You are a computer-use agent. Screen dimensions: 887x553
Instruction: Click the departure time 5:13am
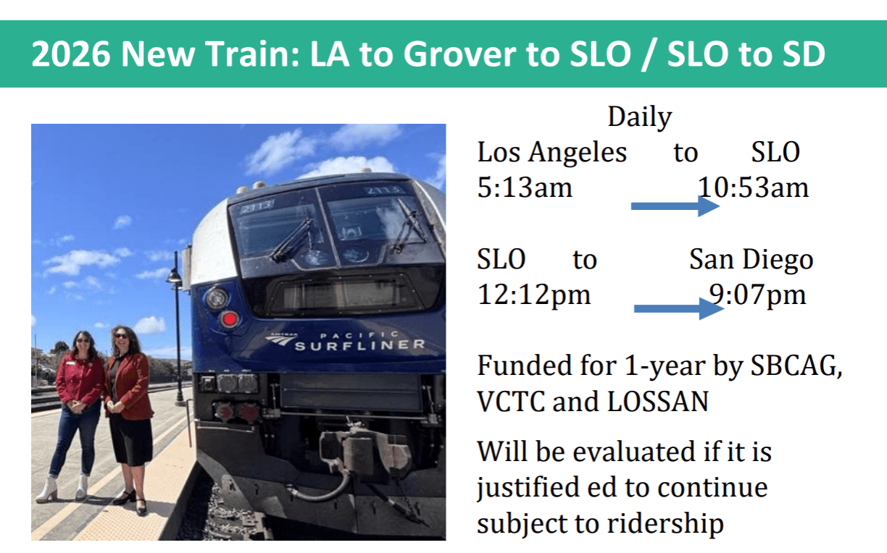525,187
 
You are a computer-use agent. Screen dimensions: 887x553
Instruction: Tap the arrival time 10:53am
753,187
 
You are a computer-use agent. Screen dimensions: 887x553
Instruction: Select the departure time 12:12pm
534,295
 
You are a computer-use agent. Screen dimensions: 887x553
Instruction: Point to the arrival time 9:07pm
757,295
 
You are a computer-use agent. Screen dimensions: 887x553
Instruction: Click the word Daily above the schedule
640,117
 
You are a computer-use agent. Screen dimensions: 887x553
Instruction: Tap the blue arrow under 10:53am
675,206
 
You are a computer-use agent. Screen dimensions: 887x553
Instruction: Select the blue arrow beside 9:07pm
679,308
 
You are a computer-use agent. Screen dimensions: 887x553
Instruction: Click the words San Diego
751,260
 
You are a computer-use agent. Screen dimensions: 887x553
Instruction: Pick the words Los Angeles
552,153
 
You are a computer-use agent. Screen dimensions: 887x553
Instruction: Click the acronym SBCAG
796,366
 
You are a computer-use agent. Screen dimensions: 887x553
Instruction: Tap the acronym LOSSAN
658,402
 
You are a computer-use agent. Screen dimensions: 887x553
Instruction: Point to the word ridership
665,524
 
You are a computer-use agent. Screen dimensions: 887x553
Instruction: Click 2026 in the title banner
70,54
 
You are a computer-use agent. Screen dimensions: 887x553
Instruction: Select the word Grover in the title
459,54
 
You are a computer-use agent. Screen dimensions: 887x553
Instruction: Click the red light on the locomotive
230,318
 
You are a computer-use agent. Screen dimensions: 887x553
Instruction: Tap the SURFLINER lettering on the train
360,345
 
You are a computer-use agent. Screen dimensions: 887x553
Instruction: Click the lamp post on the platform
177,329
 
